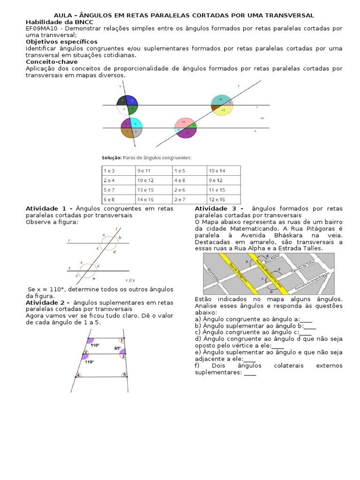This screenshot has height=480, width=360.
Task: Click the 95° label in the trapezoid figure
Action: point(118,348)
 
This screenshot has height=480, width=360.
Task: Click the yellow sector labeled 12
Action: point(224,110)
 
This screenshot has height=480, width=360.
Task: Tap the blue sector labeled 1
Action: point(132,100)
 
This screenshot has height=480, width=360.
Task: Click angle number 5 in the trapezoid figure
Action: point(124,375)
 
